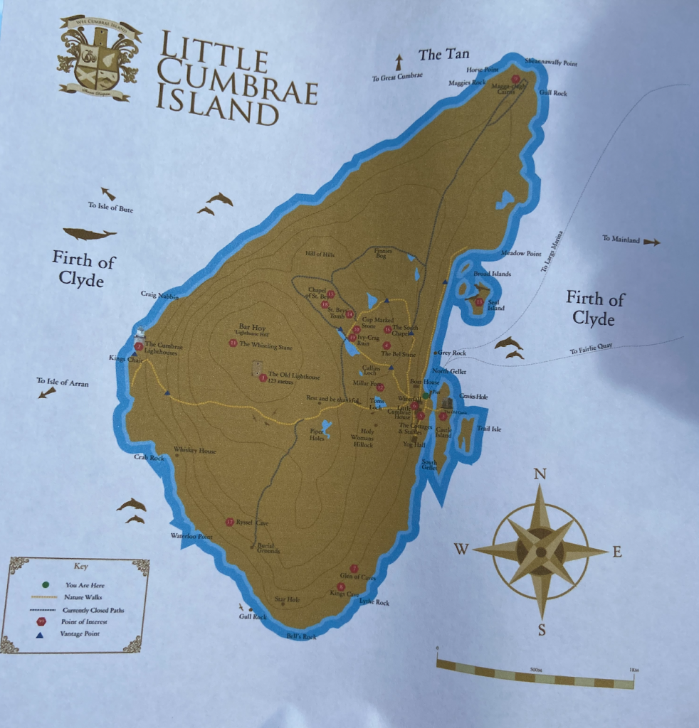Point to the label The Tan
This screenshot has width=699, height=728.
point(443,54)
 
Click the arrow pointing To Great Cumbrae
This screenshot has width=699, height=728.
point(399,61)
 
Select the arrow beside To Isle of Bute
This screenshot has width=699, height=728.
point(108,193)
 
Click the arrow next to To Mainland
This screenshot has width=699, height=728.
point(651,242)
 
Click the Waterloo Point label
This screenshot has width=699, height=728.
point(191,536)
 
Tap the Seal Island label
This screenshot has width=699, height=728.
point(495,304)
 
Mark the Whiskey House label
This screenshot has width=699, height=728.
point(194,450)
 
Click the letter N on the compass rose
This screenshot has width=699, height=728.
point(540,474)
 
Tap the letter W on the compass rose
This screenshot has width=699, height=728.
point(461,549)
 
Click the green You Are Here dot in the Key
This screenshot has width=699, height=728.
point(46,584)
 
